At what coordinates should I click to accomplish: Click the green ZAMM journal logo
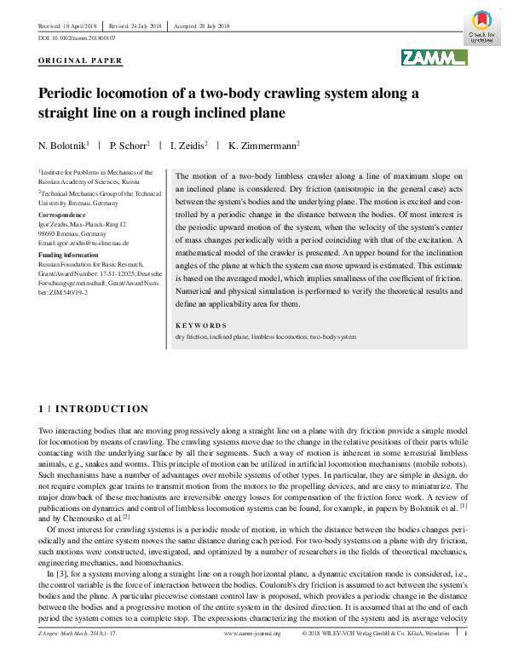(435, 58)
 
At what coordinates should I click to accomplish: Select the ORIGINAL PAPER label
(81, 61)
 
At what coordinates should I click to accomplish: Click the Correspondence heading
(63, 215)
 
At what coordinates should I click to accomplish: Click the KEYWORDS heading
(201, 325)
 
